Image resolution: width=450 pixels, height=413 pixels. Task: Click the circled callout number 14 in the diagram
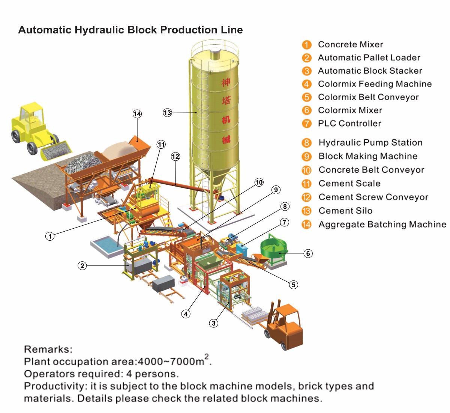click(x=137, y=114)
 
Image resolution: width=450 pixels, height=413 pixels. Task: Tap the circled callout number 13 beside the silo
click(x=167, y=113)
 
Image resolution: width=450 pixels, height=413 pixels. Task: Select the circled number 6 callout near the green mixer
click(x=308, y=253)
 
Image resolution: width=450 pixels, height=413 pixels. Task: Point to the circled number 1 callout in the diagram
click(x=50, y=236)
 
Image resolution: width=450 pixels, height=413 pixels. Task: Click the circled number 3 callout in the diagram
click(x=213, y=323)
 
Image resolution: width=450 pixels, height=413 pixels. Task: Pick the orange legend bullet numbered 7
click(x=307, y=124)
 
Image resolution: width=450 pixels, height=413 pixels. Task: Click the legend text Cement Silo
click(x=345, y=211)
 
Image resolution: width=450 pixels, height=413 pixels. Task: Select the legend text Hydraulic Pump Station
click(x=370, y=143)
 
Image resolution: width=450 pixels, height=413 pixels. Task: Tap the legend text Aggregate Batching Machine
click(x=382, y=225)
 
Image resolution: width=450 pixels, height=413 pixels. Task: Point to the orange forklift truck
click(x=285, y=325)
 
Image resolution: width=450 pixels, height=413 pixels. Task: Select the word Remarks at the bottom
click(x=48, y=350)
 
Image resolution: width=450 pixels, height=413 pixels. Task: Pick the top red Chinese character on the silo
click(x=226, y=82)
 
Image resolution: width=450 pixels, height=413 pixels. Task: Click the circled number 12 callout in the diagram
click(x=175, y=157)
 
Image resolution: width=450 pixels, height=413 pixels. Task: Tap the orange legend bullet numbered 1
click(x=307, y=45)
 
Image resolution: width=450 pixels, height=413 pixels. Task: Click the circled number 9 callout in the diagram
click(x=276, y=190)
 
